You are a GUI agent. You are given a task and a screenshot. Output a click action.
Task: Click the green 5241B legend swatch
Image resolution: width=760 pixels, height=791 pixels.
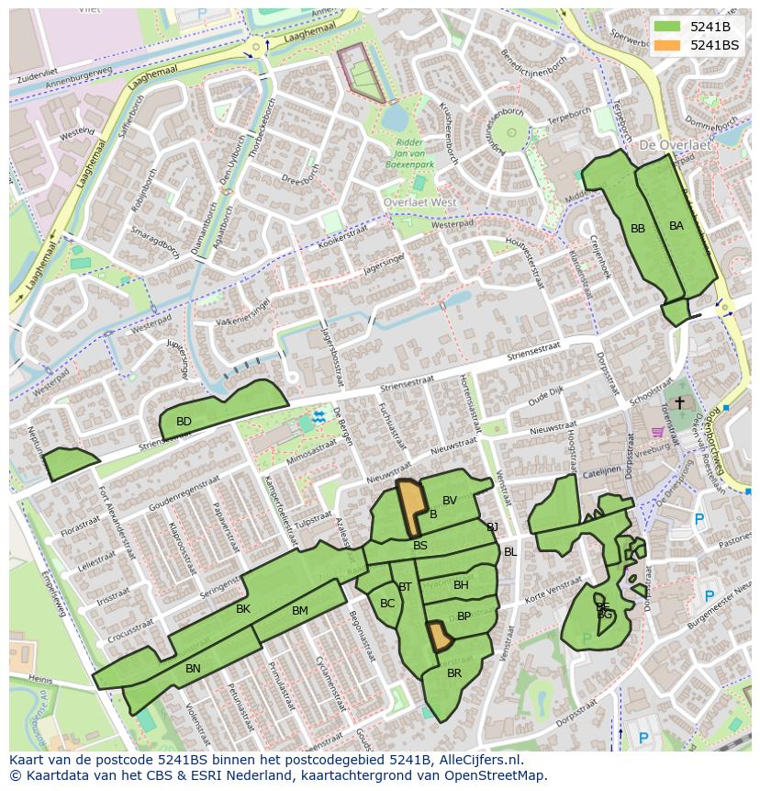point(667,27)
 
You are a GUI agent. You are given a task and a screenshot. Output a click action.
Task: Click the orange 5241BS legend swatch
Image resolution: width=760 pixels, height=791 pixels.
point(667,45)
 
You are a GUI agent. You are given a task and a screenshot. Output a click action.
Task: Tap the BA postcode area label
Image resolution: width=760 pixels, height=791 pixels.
point(676,226)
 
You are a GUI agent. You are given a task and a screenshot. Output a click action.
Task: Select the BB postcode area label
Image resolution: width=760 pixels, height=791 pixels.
point(638,229)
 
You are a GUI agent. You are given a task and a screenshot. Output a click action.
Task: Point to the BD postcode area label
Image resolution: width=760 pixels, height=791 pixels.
point(184,422)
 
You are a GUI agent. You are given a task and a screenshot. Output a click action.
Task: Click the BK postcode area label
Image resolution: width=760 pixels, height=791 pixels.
point(243,609)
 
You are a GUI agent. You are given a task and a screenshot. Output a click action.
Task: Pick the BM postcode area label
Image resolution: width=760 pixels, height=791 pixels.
point(300,611)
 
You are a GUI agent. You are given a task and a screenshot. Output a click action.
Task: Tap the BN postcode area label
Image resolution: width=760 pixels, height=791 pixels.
point(193,669)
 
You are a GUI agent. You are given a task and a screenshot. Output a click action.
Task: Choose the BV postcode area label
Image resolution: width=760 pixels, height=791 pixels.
point(450,501)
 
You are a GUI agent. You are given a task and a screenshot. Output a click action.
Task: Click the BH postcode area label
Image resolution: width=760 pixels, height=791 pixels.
point(461,585)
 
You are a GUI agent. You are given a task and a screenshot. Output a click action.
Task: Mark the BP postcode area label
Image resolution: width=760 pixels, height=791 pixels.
point(464,616)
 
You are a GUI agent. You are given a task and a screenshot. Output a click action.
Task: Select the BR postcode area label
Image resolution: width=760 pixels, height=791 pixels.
point(454,673)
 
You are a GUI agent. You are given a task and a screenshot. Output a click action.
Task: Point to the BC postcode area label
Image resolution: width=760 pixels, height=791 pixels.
point(387,604)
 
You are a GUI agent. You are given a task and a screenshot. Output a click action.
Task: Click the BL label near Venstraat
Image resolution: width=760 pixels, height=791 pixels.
point(510,552)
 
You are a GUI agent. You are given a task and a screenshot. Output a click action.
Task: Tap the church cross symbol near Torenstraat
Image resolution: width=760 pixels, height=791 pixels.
point(679,402)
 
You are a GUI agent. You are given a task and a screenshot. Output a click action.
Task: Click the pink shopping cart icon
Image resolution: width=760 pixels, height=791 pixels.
point(657,431)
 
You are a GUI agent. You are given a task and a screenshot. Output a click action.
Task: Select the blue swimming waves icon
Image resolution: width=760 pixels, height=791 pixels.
point(319,417)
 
